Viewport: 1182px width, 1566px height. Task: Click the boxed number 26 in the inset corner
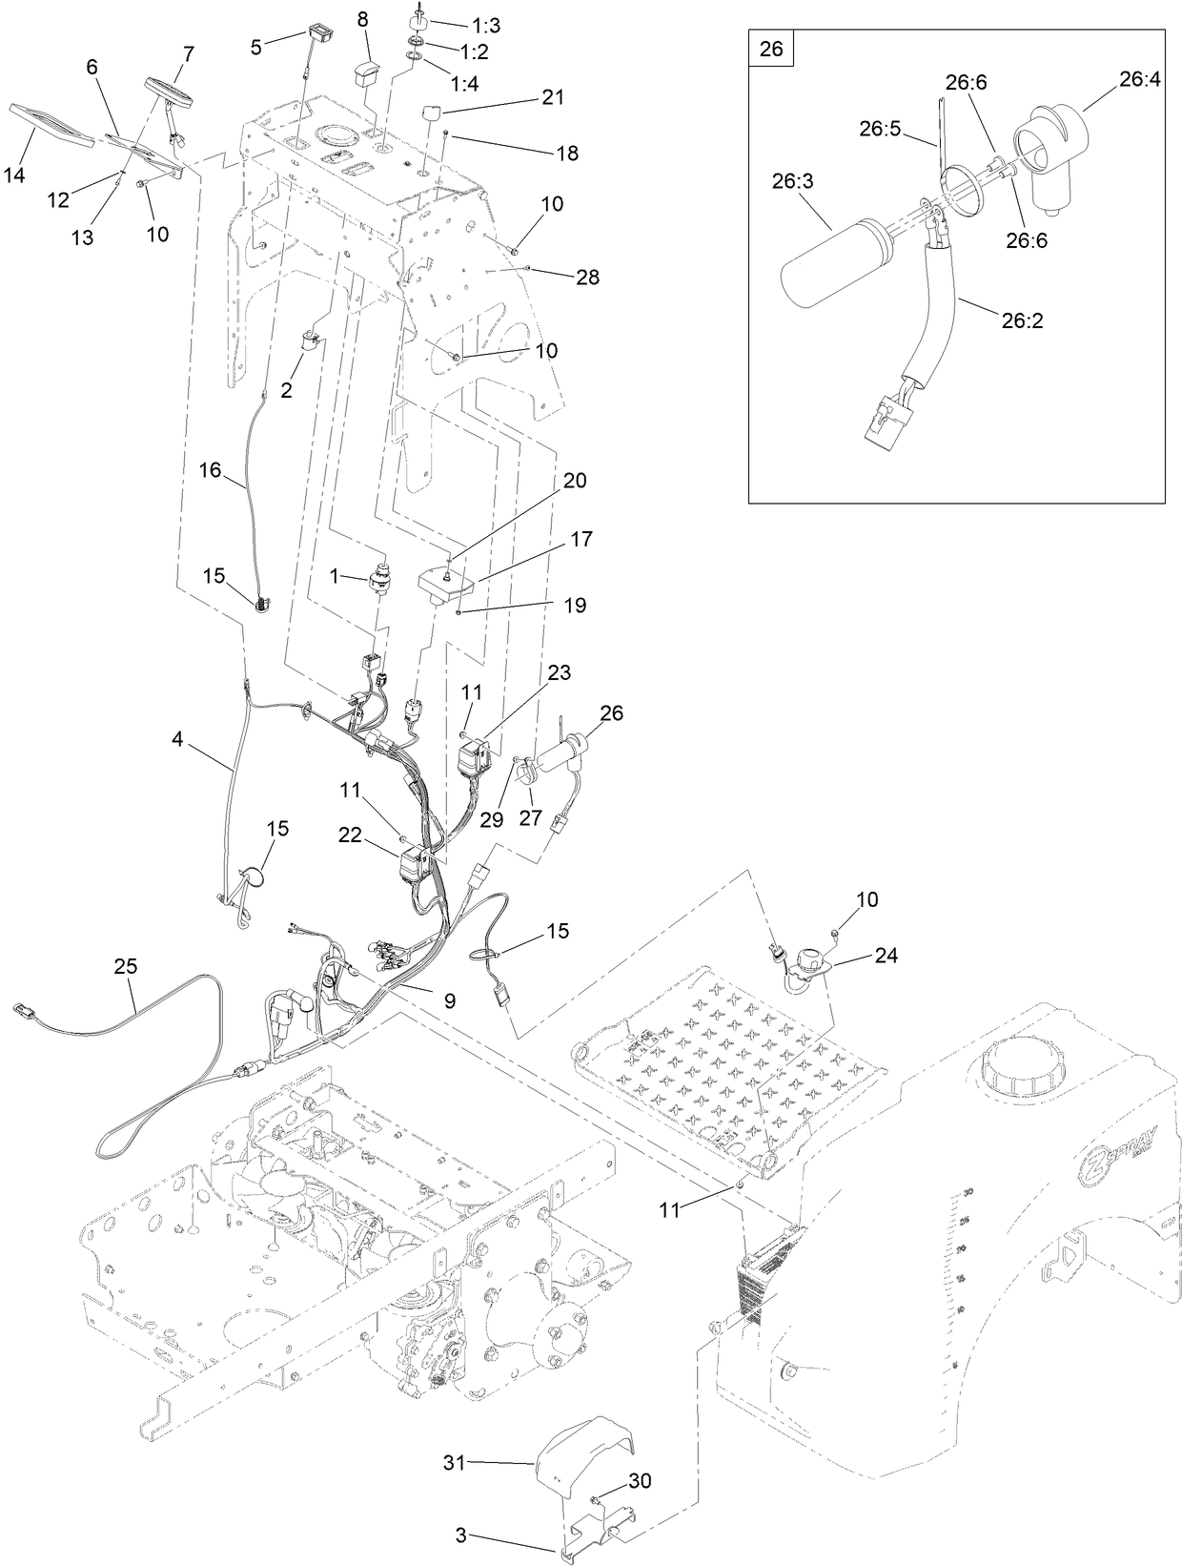(771, 48)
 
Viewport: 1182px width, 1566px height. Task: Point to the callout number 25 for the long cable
(126, 966)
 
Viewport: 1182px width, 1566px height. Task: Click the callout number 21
(553, 97)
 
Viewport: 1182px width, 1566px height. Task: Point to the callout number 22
(351, 834)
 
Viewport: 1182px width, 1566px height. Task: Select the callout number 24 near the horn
(886, 955)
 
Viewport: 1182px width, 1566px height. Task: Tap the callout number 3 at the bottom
(460, 1535)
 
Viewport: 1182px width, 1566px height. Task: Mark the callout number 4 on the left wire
(177, 737)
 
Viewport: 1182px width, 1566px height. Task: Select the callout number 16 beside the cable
(210, 469)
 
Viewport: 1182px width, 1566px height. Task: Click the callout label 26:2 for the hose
(1022, 320)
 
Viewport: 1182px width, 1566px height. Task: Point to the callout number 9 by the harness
(449, 1001)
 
